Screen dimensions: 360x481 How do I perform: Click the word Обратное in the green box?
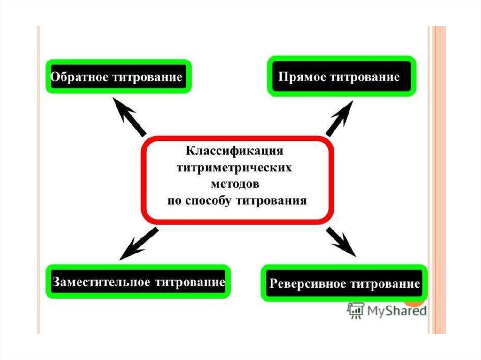point(78,77)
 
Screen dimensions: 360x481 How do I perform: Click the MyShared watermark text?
point(396,310)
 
